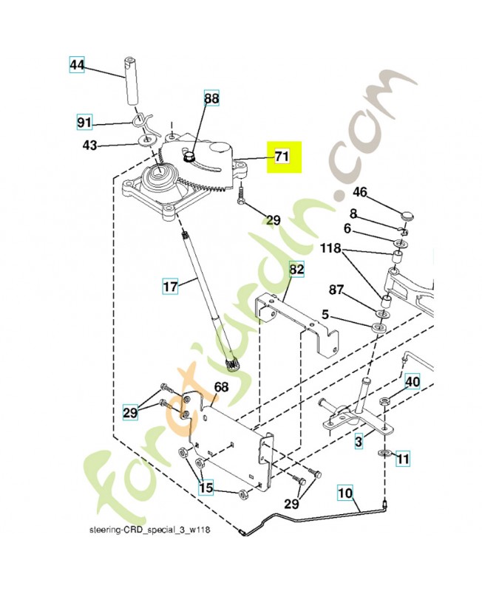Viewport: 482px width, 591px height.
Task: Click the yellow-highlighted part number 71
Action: click(282, 157)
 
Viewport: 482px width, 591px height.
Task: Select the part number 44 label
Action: click(78, 65)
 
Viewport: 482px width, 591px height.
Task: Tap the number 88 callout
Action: click(212, 98)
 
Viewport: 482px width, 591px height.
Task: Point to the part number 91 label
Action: click(85, 121)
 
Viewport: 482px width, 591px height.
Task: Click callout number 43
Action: click(89, 146)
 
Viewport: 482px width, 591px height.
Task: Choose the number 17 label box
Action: click(170, 284)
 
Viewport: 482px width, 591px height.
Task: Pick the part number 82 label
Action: click(296, 270)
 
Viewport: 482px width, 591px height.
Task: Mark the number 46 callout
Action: click(360, 192)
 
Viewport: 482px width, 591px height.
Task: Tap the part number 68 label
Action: click(221, 386)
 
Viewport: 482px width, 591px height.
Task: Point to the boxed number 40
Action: click(413, 382)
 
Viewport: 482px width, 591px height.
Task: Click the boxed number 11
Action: click(403, 459)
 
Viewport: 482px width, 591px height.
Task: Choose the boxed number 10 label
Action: click(345, 491)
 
